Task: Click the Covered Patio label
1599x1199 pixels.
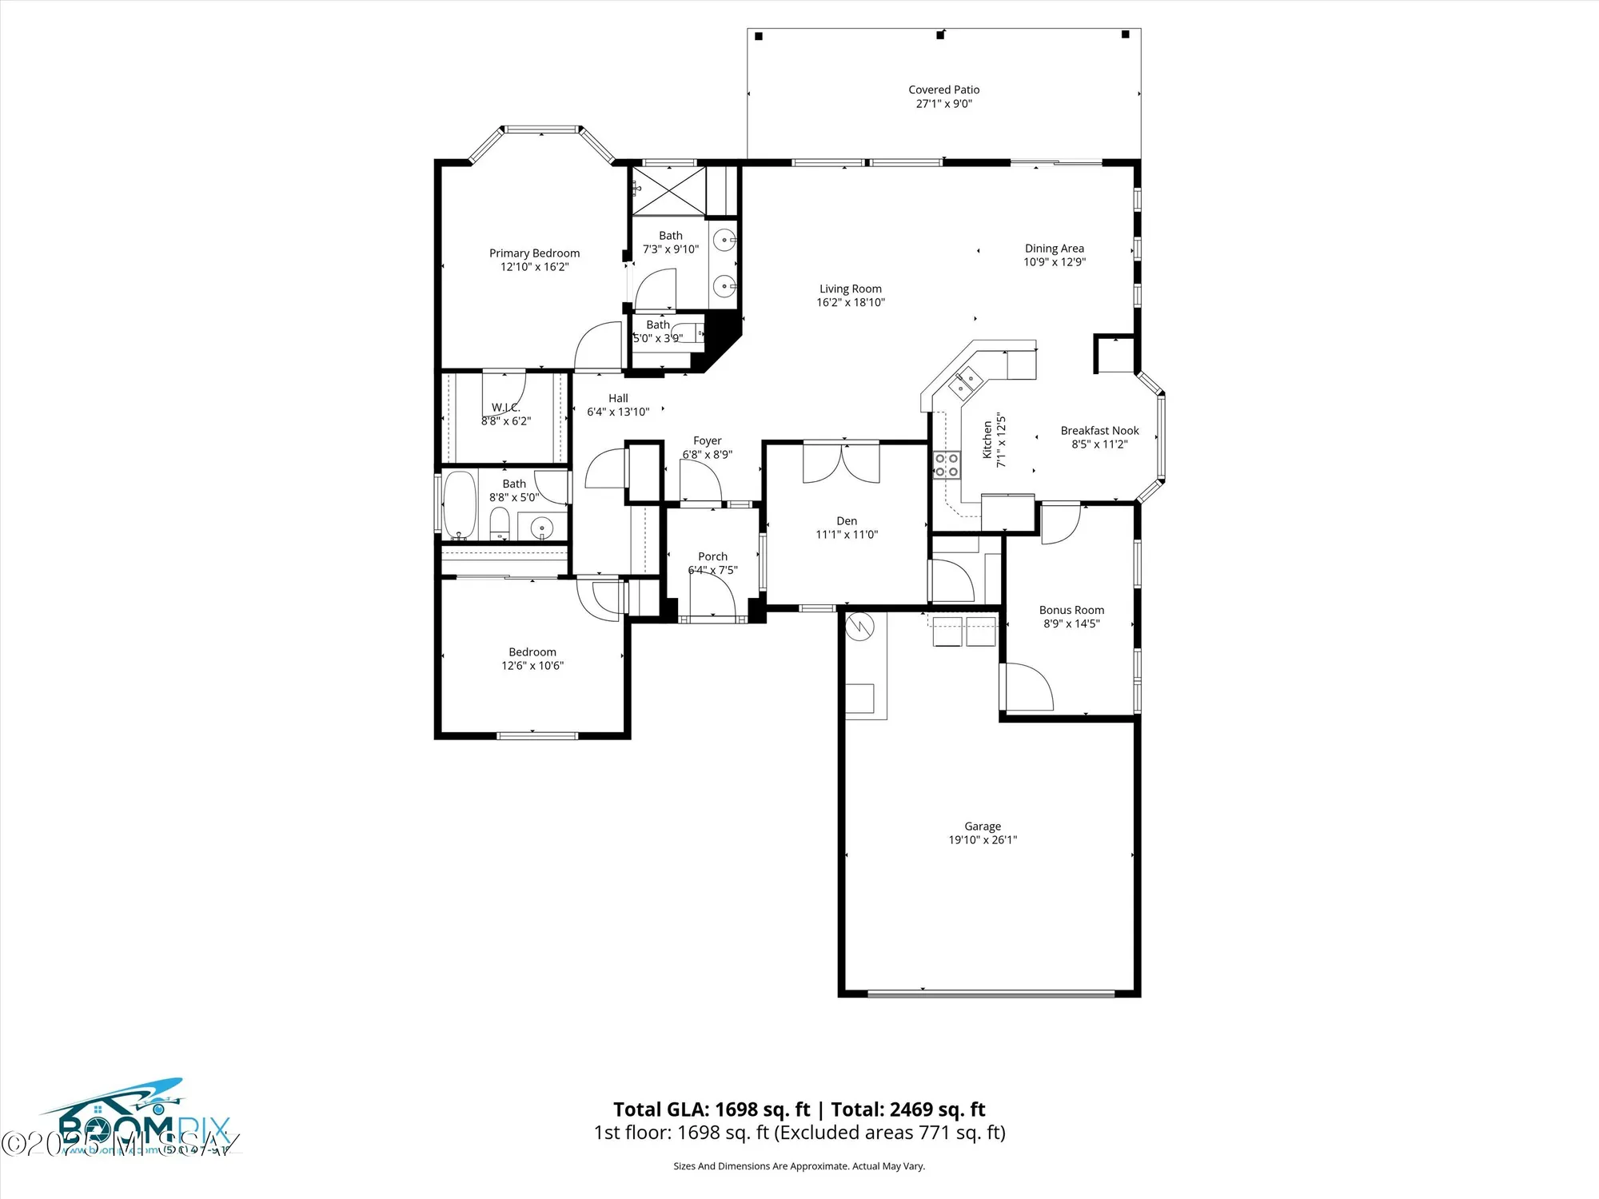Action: (x=943, y=90)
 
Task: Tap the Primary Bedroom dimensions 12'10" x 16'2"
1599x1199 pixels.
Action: (x=534, y=267)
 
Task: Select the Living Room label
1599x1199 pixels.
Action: (x=850, y=289)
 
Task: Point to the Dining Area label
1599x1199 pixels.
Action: (x=1054, y=249)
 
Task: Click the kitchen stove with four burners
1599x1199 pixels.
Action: (x=947, y=465)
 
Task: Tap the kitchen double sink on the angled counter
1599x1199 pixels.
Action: (x=965, y=381)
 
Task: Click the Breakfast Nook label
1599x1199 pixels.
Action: (x=1099, y=431)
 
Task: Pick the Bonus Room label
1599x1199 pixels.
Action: (x=1071, y=610)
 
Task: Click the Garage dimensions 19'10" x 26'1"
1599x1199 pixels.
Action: (x=983, y=840)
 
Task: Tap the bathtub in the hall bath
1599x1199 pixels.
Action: (x=459, y=505)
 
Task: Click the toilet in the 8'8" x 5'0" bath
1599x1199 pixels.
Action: (x=499, y=524)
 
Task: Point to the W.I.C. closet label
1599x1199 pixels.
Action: (x=505, y=408)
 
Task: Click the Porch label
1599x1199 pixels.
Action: (x=712, y=556)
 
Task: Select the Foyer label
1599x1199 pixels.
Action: (x=707, y=440)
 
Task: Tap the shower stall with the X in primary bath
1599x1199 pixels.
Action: (x=668, y=190)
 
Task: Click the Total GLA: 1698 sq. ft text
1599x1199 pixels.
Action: (x=711, y=1109)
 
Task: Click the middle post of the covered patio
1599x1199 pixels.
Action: (x=941, y=35)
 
